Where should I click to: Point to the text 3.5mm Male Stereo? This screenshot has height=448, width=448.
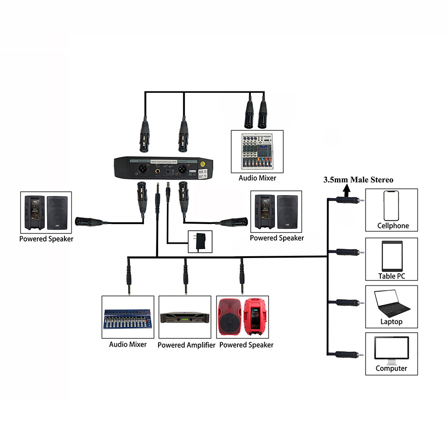coord(358,180)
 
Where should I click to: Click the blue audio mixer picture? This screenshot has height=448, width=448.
coord(128,318)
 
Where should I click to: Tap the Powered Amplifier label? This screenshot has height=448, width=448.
coord(186,345)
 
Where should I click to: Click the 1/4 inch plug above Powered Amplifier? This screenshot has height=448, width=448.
coord(185,278)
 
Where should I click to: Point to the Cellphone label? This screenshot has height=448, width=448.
coord(393,226)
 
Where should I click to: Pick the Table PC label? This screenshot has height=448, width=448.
coord(392,276)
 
